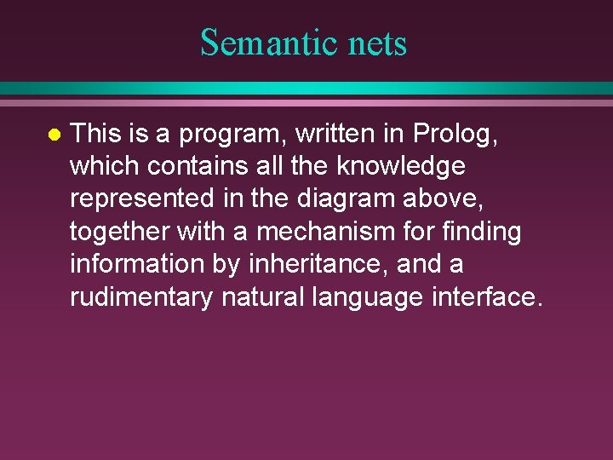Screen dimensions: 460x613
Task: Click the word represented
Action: point(141,198)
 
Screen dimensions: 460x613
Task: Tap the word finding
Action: point(486,231)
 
